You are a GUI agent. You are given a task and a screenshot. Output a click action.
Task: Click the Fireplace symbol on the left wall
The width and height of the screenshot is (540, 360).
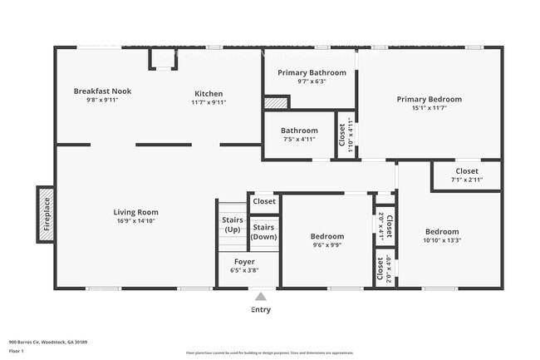tap(46, 215)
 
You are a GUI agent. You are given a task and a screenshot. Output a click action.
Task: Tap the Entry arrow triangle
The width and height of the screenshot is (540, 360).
tap(261, 296)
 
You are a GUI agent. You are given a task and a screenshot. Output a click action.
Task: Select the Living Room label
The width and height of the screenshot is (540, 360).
tap(135, 212)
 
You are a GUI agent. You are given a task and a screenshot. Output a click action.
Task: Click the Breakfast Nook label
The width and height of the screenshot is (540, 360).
tap(102, 91)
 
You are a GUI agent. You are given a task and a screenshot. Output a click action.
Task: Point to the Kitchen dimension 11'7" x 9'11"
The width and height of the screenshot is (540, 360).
tap(209, 102)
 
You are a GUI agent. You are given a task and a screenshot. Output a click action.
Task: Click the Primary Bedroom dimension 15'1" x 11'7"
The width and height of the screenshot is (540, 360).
tap(429, 108)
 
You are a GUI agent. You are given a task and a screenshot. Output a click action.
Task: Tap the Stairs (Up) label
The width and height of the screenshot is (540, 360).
tap(232, 224)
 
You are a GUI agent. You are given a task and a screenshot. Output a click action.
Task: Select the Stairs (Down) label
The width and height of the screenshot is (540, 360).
tap(263, 232)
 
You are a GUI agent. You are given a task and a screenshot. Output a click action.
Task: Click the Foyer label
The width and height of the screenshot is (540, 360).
tap(244, 261)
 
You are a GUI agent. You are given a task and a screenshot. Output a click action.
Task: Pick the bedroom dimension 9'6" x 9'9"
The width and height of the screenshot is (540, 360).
tap(327, 246)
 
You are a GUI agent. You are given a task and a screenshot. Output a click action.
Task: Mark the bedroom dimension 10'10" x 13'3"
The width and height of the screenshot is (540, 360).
tap(442, 241)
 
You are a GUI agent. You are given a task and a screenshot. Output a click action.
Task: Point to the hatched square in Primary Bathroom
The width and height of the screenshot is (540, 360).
tap(276, 102)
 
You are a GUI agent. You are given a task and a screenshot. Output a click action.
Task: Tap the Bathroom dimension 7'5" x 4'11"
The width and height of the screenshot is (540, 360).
tap(298, 140)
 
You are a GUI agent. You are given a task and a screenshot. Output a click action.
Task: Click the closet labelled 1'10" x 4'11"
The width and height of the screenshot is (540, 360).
tap(345, 136)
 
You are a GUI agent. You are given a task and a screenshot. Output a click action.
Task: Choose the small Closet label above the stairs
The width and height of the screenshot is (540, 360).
tap(264, 201)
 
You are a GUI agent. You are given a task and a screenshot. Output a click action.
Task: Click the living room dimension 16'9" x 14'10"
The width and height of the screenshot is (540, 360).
tap(135, 221)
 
